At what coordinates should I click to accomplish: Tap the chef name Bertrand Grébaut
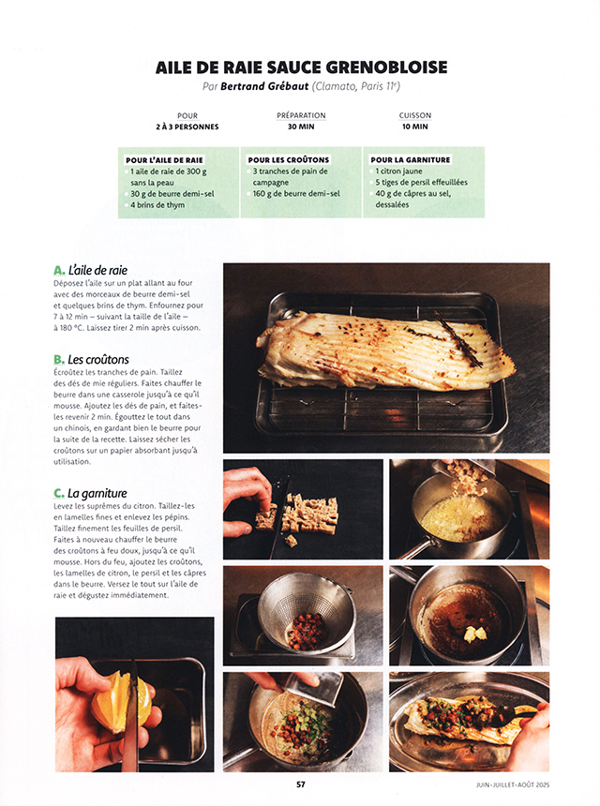click(264, 86)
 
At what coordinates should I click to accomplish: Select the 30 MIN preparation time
click(301, 127)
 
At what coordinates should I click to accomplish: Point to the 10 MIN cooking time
click(415, 127)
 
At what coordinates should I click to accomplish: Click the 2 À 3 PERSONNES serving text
click(187, 127)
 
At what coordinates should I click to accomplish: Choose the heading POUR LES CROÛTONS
click(289, 160)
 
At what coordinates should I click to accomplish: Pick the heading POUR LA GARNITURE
click(411, 160)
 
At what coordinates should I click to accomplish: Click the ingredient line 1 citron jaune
click(398, 172)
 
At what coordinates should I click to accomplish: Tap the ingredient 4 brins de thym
click(157, 204)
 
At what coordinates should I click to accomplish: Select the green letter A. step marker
click(59, 270)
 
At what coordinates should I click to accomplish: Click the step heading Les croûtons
click(98, 359)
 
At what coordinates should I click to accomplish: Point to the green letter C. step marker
click(59, 494)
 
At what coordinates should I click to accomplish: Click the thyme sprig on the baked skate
click(458, 338)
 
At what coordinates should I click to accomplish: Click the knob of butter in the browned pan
click(474, 634)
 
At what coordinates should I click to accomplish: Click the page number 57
click(301, 784)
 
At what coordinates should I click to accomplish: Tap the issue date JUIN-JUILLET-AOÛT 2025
click(513, 785)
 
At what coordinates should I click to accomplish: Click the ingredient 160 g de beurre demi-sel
click(296, 194)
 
